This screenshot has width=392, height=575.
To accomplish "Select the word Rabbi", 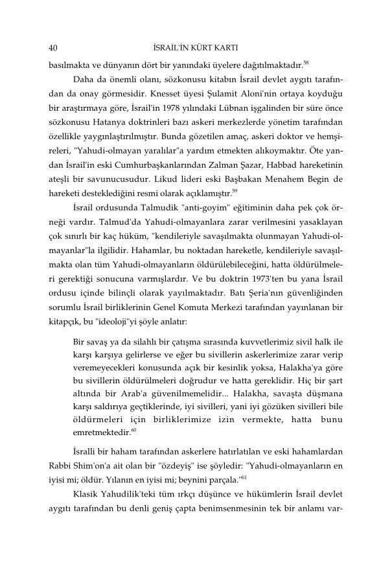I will point(59,466).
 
